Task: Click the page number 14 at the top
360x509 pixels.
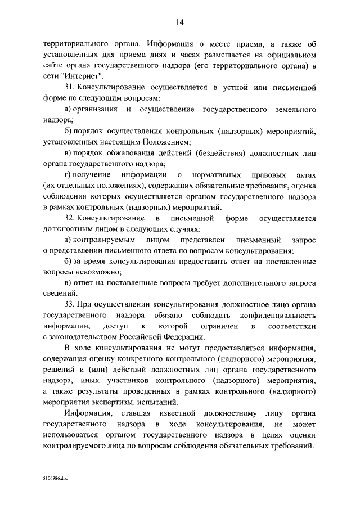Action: (x=179, y=22)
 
